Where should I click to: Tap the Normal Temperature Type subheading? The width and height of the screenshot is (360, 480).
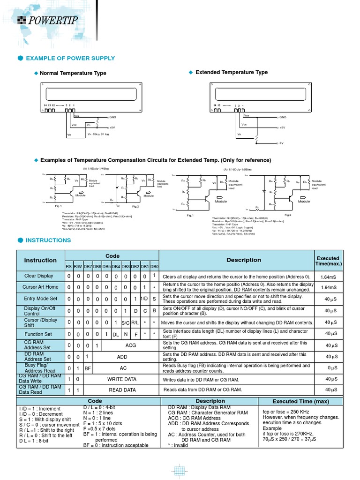(73, 73)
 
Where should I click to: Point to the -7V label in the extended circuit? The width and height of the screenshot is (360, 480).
(282, 143)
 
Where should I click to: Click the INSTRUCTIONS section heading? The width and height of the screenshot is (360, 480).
(48, 240)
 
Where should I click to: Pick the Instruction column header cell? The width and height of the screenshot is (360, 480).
(40, 260)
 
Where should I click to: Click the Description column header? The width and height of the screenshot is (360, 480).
(244, 260)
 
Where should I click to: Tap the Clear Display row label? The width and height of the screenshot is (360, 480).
(39, 276)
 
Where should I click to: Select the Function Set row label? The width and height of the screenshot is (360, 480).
(38, 334)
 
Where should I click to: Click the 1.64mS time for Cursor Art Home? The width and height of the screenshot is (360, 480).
(329, 287)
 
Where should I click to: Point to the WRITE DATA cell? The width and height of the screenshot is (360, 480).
(122, 379)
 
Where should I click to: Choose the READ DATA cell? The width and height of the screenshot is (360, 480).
(122, 390)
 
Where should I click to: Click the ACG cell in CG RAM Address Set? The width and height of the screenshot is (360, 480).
(131, 345)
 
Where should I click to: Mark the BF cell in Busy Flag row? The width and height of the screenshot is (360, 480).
(87, 368)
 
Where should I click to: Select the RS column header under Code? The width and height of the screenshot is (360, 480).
(68, 267)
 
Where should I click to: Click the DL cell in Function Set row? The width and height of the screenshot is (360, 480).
(116, 334)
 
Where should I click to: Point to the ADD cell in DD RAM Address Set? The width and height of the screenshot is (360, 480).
(122, 357)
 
